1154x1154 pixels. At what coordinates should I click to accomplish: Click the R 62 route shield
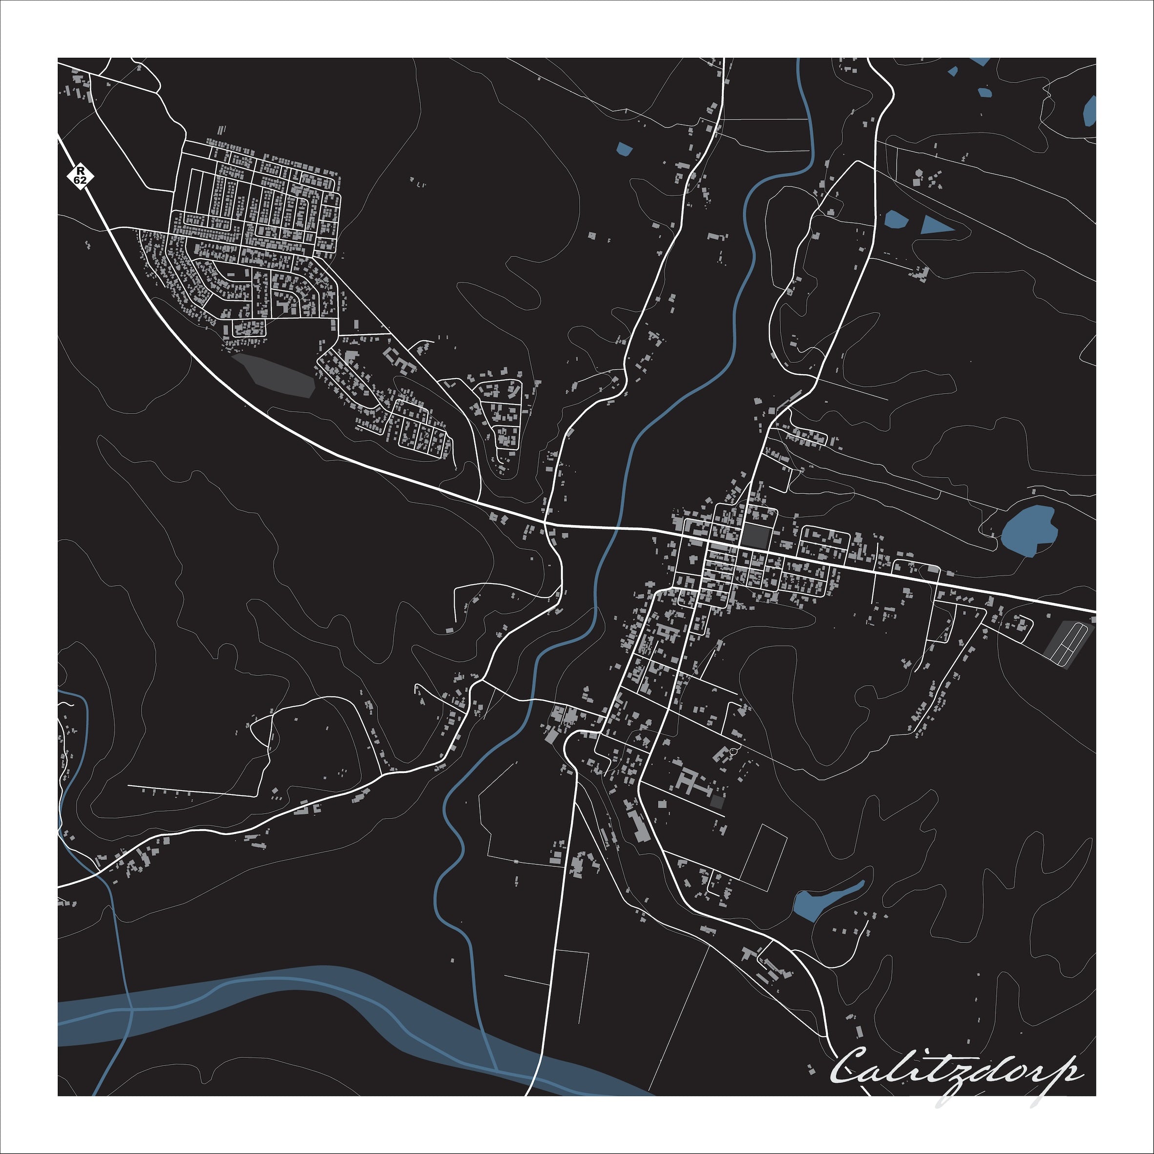80,176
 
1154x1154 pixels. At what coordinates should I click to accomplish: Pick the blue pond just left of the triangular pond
896,219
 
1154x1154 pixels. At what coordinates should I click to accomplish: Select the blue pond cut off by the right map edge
1090,111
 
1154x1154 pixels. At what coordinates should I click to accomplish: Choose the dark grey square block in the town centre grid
755,535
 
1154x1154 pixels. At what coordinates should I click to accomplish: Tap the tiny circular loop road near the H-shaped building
734,750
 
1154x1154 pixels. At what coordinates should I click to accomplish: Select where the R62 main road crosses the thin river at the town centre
616,528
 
